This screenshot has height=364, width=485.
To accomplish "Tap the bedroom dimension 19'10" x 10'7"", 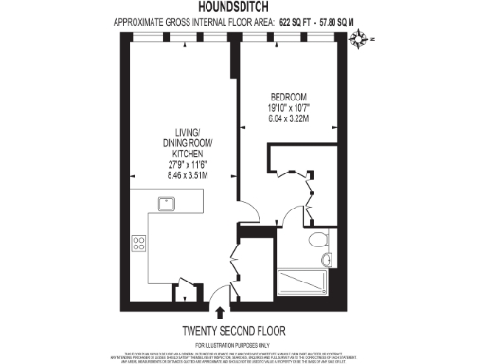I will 288,109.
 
